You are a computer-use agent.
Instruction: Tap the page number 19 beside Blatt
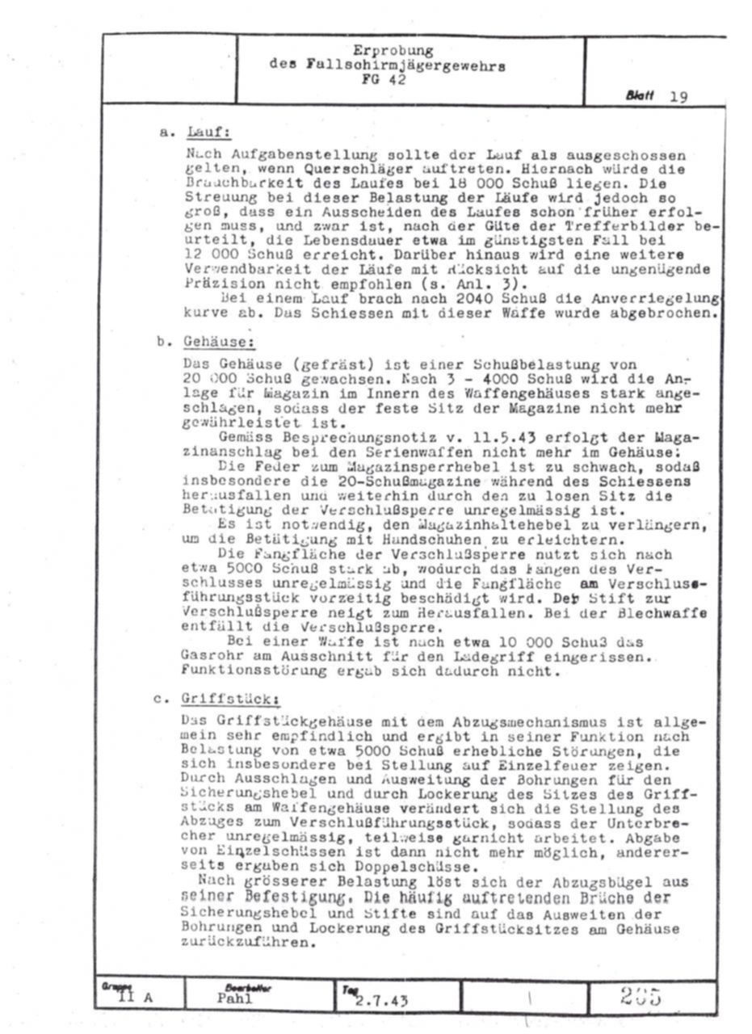pos(678,97)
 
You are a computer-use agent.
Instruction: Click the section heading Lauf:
pos(208,132)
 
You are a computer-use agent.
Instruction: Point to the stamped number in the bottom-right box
pos(642,997)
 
